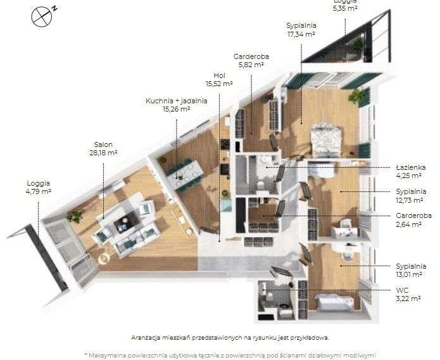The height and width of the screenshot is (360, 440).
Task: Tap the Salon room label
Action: tap(104, 145)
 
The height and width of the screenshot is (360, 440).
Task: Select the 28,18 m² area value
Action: tap(104, 153)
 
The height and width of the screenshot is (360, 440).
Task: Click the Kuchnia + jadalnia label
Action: tap(167, 100)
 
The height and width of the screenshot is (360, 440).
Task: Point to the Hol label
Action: tap(219, 75)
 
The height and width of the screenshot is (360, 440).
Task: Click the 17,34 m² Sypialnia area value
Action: tap(301, 34)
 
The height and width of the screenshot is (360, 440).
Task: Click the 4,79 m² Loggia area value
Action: tap(39, 191)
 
